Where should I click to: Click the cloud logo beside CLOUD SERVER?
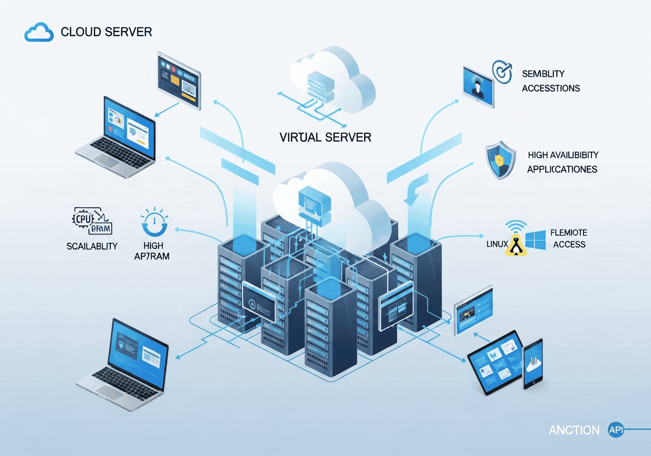[x=39, y=33]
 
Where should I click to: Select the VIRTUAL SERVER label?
[x=325, y=137]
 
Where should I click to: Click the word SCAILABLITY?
[x=92, y=246]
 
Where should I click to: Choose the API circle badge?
[x=616, y=430]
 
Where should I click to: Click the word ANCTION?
[x=574, y=431]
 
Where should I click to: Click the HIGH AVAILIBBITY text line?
[x=563, y=155]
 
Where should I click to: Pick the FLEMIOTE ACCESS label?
[x=569, y=239]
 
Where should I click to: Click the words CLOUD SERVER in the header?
[x=106, y=32]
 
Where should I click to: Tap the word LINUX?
[x=497, y=244]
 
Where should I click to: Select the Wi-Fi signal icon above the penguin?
[x=517, y=226]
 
